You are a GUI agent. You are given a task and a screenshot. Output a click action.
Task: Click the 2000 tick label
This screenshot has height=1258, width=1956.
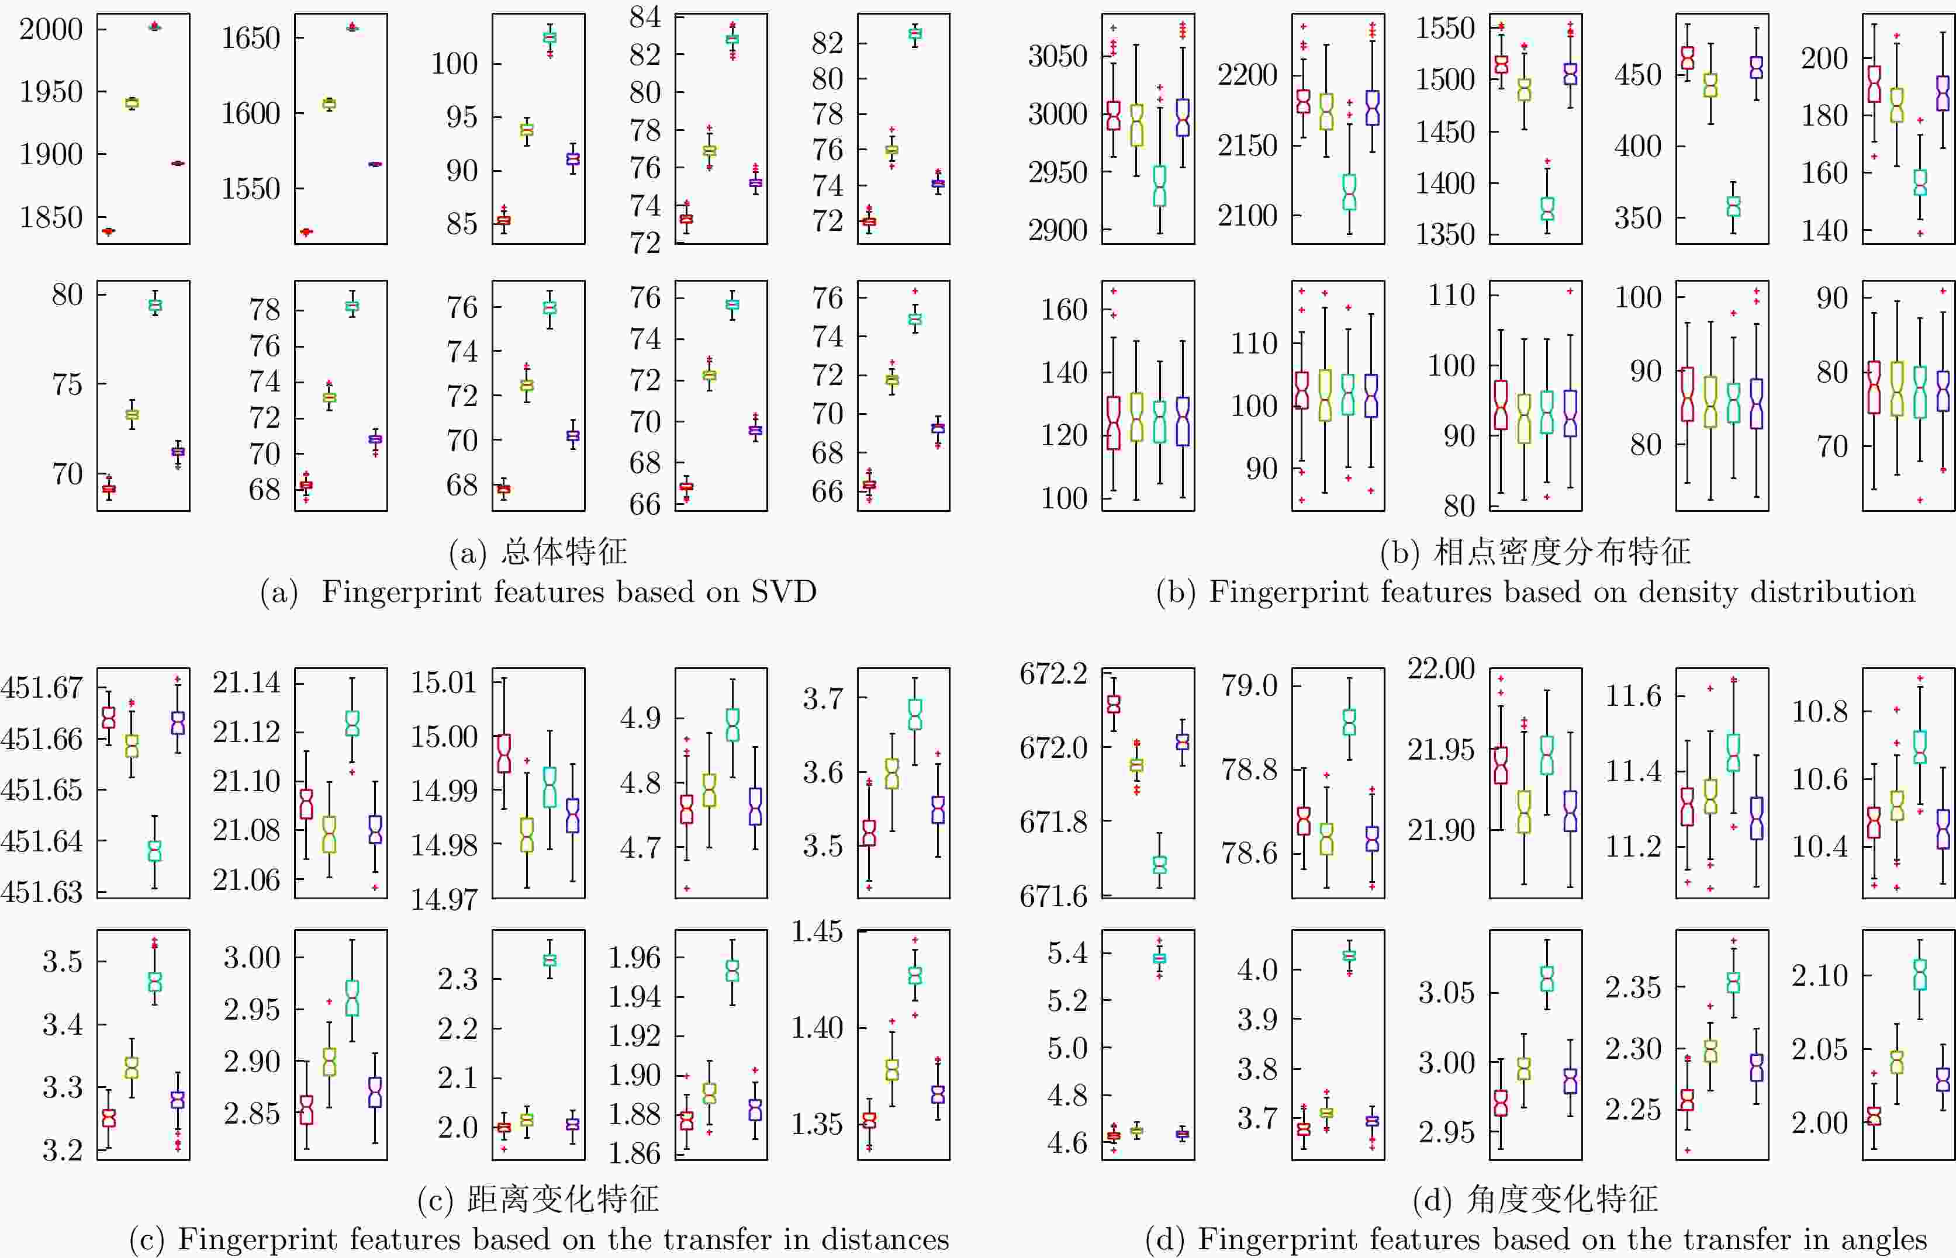[51, 29]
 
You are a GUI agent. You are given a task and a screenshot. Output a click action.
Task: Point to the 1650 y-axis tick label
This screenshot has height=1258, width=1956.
[250, 37]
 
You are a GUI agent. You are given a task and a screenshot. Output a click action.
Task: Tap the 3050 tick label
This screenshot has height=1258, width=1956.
[1058, 56]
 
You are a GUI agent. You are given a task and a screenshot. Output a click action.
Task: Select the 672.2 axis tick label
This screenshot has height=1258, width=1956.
[1053, 674]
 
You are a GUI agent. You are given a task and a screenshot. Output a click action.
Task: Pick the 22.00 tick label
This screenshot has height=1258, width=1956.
[1440, 668]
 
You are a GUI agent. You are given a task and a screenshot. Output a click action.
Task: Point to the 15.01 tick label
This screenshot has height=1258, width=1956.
[444, 682]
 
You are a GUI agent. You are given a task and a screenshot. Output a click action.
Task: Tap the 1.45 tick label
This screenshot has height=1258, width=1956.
[817, 931]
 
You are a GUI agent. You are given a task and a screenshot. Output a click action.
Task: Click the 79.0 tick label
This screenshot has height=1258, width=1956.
[1249, 685]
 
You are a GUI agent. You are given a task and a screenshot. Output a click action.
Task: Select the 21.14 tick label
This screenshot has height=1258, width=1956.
[246, 682]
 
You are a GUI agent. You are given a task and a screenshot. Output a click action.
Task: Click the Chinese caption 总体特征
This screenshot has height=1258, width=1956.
[564, 552]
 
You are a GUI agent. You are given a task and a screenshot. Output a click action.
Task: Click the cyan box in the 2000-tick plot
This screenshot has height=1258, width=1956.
[154, 27]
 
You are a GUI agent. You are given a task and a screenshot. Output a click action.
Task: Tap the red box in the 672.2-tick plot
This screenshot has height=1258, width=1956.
[1113, 703]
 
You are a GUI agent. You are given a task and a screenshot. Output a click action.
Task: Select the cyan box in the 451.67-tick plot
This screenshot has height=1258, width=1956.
[154, 851]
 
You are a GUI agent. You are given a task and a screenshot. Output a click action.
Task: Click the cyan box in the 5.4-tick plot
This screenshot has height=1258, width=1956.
[1159, 958]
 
